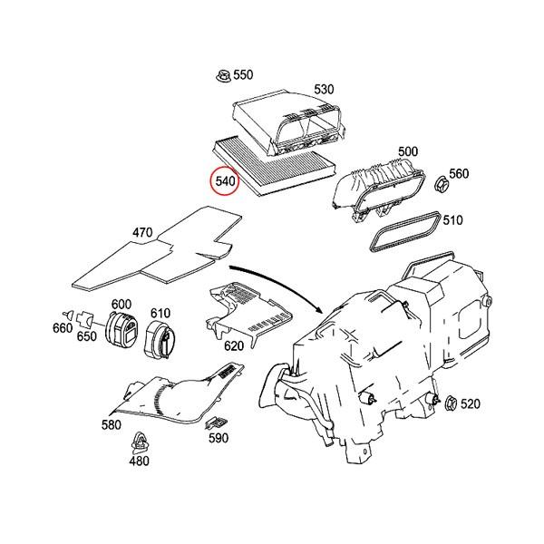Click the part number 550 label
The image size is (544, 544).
tap(245, 74)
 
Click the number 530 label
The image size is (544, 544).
tap(325, 89)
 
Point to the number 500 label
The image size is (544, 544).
tap(408, 151)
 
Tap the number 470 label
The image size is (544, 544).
tap(142, 233)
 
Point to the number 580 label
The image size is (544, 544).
tap(111, 424)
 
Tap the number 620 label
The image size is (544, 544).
tap(234, 345)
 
